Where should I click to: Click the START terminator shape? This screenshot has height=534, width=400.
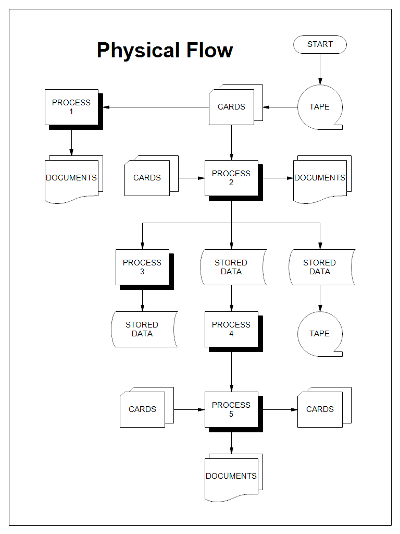pyautogui.click(x=320, y=44)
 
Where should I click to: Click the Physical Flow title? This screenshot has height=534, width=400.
pyautogui.click(x=165, y=50)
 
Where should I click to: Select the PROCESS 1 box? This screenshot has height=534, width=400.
pyautogui.click(x=71, y=107)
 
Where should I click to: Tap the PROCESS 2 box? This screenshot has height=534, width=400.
pyautogui.click(x=231, y=178)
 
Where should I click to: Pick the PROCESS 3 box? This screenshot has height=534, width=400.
pyautogui.click(x=142, y=267)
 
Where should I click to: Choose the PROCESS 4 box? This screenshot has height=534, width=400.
pyautogui.click(x=231, y=329)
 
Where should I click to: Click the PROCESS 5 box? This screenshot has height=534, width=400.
pyautogui.click(x=231, y=409)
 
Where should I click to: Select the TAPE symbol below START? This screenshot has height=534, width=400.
pyautogui.click(x=319, y=107)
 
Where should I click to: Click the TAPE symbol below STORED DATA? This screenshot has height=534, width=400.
pyautogui.click(x=319, y=334)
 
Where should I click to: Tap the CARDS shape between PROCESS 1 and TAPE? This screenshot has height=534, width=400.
pyautogui.click(x=232, y=107)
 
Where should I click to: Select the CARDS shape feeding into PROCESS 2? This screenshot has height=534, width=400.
pyautogui.click(x=147, y=178)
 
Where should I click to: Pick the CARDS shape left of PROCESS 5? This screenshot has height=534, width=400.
pyautogui.click(x=143, y=409)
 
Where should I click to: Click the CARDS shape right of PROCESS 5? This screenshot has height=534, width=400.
pyautogui.click(x=320, y=409)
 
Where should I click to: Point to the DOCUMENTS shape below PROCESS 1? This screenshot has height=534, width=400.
pyautogui.click(x=71, y=178)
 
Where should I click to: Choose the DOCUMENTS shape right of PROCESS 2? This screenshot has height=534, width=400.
pyautogui.click(x=320, y=178)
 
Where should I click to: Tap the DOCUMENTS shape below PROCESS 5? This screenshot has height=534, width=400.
pyautogui.click(x=231, y=476)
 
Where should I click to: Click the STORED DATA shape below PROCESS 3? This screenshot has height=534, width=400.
pyautogui.click(x=142, y=329)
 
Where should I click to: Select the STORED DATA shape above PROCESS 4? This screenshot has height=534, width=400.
pyautogui.click(x=231, y=267)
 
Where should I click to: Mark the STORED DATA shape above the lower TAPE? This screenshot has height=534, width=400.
pyautogui.click(x=320, y=267)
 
